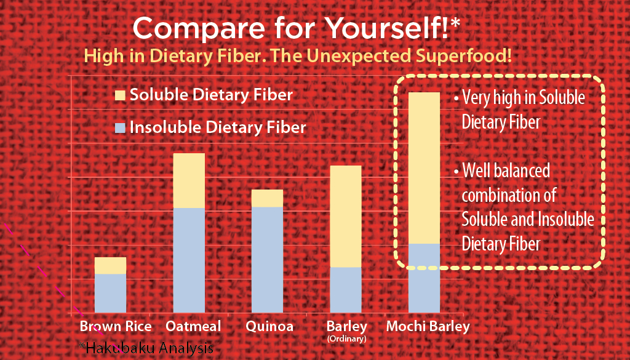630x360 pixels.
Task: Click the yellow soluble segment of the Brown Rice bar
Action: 110,266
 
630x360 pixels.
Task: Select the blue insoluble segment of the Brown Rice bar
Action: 110,294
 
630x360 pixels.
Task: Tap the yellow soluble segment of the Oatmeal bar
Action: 189,180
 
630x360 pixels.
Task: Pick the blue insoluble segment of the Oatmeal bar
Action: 189,260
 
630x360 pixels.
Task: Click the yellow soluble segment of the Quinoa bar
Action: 267,198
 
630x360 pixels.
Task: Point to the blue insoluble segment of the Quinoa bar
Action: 267,260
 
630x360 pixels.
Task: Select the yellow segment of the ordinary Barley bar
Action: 346,217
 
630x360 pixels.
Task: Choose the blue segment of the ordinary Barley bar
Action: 346,290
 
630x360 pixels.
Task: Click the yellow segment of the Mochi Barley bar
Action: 424,168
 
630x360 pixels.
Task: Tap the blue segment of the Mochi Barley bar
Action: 424,278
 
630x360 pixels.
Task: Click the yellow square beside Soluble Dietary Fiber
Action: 120,95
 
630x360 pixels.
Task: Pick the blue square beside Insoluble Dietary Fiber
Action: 120,128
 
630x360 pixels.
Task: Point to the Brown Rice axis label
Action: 116,326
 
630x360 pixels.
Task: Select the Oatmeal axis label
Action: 193,326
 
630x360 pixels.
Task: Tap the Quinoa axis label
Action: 269,326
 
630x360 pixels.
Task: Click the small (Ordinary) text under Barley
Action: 347,338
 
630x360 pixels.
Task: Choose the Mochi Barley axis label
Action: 428,327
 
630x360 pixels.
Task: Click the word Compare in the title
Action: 199,29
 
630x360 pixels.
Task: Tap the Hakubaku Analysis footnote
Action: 146,348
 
